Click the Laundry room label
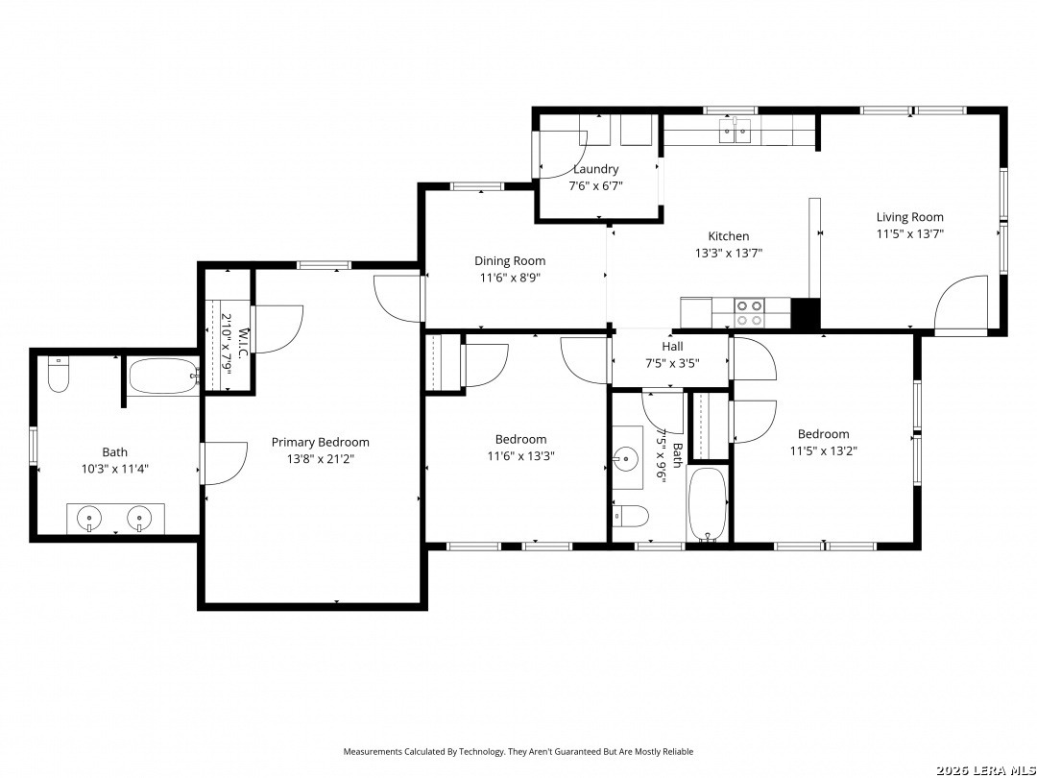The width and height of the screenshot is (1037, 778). coord(596,169)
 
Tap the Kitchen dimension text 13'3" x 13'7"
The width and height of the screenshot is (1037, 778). coord(729,253)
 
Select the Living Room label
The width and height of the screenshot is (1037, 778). coord(910,217)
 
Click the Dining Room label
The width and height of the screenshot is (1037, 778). coord(510,260)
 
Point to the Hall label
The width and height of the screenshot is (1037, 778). coord(672,346)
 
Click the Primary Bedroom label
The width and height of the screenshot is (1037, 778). coord(321,442)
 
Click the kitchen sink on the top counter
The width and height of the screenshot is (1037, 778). coord(736,131)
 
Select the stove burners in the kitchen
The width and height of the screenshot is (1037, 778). coord(750,313)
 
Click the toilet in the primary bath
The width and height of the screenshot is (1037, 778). coord(59,374)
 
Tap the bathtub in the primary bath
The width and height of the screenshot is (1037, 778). coord(163,377)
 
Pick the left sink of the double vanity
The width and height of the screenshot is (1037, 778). coord(88,518)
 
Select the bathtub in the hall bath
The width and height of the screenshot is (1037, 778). coord(708,505)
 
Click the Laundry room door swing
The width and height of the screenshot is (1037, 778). coord(563,155)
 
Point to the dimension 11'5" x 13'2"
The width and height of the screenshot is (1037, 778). coord(824,451)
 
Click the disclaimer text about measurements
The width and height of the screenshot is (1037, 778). coord(518,751)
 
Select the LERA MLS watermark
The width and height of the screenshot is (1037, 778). coord(985,770)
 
